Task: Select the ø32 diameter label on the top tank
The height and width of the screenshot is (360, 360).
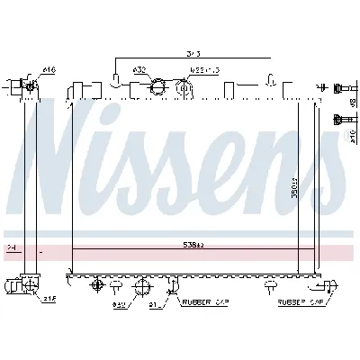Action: click(x=139, y=68)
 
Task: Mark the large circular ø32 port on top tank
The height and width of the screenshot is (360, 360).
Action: click(x=158, y=88)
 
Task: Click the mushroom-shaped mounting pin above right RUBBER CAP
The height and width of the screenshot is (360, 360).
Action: click(x=271, y=284)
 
